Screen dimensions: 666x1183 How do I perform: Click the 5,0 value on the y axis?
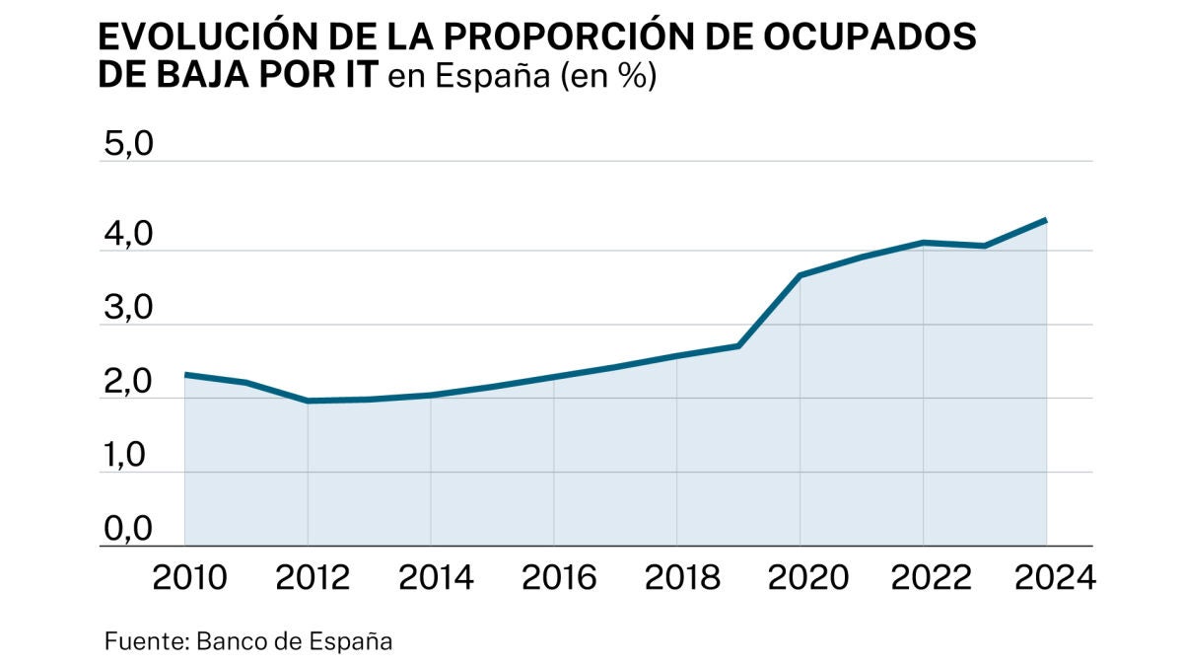click(128, 145)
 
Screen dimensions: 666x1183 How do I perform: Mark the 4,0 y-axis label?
click(128, 236)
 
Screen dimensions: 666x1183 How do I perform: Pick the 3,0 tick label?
click(128, 310)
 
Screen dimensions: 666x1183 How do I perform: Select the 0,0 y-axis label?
click(128, 531)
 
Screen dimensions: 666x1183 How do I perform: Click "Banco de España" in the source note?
click(295, 641)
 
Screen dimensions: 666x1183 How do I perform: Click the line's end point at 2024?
click(1045, 220)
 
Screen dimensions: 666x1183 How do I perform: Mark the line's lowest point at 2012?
click(308, 401)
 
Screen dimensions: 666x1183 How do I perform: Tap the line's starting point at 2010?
click(185, 375)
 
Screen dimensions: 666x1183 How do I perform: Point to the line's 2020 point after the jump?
click(800, 275)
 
